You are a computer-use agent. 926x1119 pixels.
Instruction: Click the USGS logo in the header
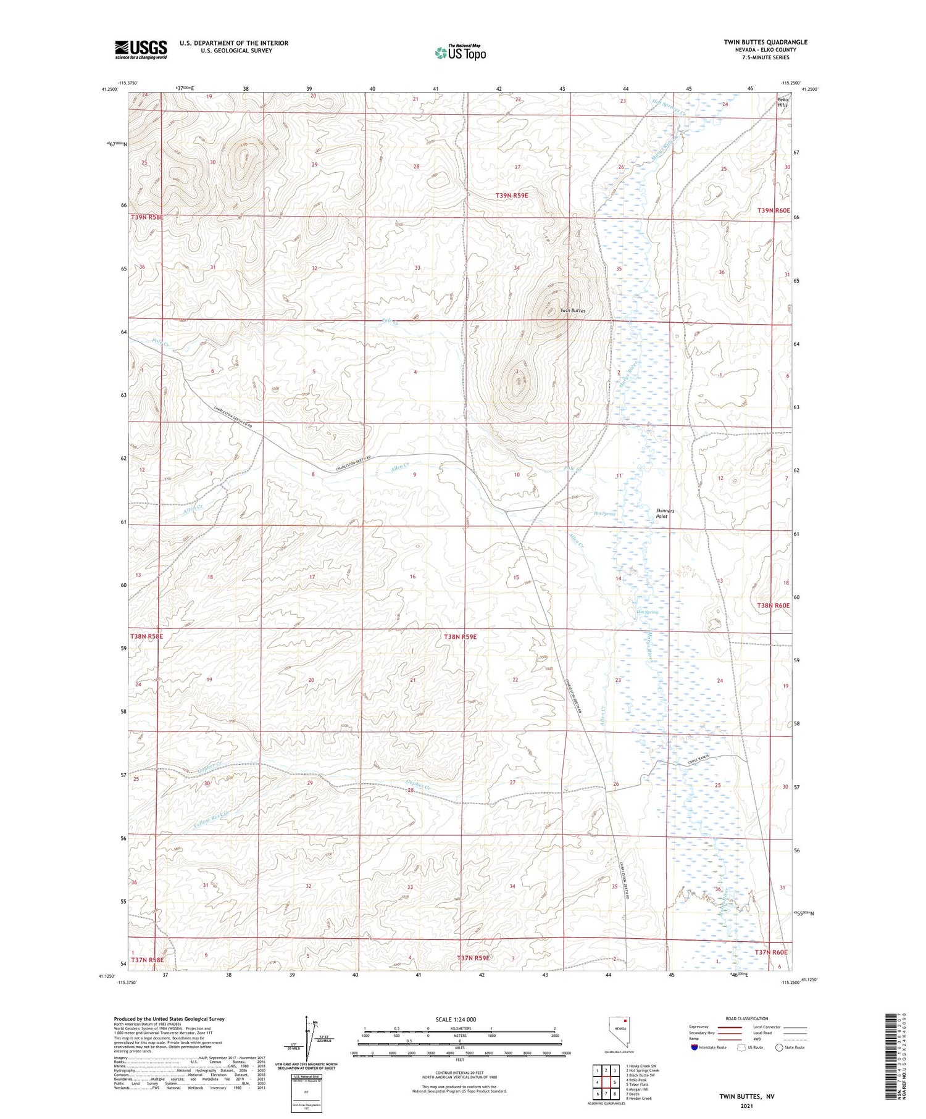point(141,49)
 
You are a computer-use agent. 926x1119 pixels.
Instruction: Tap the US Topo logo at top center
point(460,52)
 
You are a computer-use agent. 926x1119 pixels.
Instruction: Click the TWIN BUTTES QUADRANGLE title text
point(765,42)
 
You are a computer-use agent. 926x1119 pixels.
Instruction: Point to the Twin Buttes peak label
point(572,310)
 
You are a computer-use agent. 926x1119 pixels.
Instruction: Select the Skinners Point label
point(665,514)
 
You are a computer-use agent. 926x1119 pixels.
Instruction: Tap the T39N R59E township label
point(512,195)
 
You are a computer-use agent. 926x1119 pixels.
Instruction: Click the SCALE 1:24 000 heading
point(456,1019)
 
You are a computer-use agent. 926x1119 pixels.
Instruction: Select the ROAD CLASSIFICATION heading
point(747,1018)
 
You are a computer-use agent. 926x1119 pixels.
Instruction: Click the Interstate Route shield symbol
point(694,1047)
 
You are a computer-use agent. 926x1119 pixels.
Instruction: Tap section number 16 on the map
point(413,576)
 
